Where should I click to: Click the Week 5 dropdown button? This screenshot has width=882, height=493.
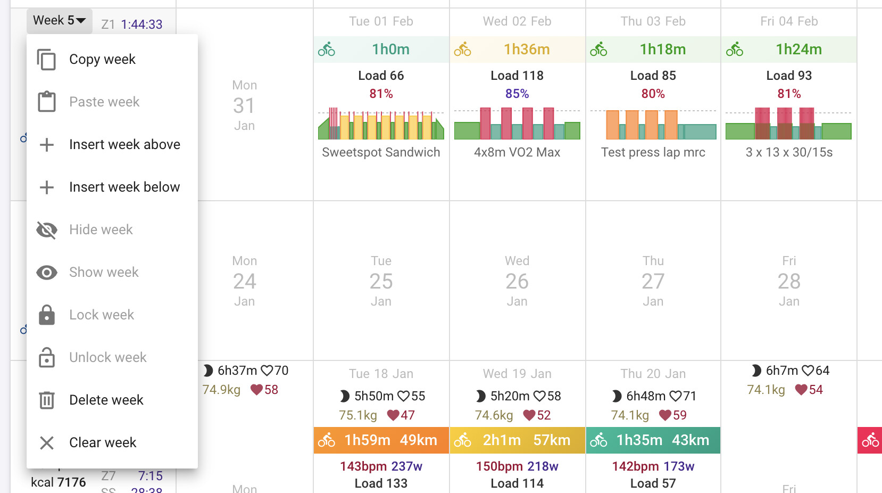click(x=59, y=21)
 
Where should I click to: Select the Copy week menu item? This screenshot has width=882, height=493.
click(x=102, y=59)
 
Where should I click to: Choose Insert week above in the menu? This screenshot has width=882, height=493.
click(x=124, y=144)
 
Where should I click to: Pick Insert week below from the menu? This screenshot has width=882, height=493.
click(x=124, y=187)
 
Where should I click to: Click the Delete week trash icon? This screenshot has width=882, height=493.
click(x=47, y=400)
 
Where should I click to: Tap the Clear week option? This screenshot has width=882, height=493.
click(x=103, y=442)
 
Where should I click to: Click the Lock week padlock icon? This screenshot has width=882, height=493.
click(x=47, y=315)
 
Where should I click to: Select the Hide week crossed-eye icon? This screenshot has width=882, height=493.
click(x=47, y=229)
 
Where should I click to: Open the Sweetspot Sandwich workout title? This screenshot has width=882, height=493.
click(x=381, y=152)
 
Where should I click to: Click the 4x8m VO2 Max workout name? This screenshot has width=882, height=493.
click(x=517, y=152)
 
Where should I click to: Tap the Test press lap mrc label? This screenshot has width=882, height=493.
click(x=653, y=152)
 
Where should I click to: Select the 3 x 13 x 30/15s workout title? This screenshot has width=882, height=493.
click(x=789, y=152)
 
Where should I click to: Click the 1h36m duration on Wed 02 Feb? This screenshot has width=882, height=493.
click(x=527, y=50)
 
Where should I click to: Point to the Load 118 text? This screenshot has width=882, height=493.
click(x=517, y=76)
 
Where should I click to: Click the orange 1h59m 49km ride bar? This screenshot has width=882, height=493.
click(x=381, y=440)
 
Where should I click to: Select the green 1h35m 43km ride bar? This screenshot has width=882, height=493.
click(x=653, y=440)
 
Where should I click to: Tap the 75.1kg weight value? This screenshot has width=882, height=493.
click(x=358, y=415)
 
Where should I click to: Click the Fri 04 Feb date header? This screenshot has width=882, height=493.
click(x=789, y=21)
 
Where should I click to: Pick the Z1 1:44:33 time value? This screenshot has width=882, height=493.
click(x=142, y=24)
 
